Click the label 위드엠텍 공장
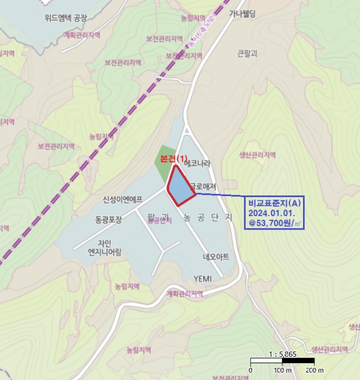click(x=66, y=17)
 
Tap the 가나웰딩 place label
click(x=242, y=14)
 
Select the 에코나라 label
click(x=197, y=163)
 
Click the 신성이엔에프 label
click(x=123, y=199)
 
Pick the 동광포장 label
click(x=105, y=219)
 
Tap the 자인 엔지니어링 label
click(x=105, y=247)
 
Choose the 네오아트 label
click(x=216, y=256)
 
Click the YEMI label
click(x=203, y=279)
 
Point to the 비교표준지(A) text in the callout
click(x=274, y=202)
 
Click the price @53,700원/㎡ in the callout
click(x=273, y=223)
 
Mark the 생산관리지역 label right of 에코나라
click(x=257, y=155)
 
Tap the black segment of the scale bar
click(x=298, y=360)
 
